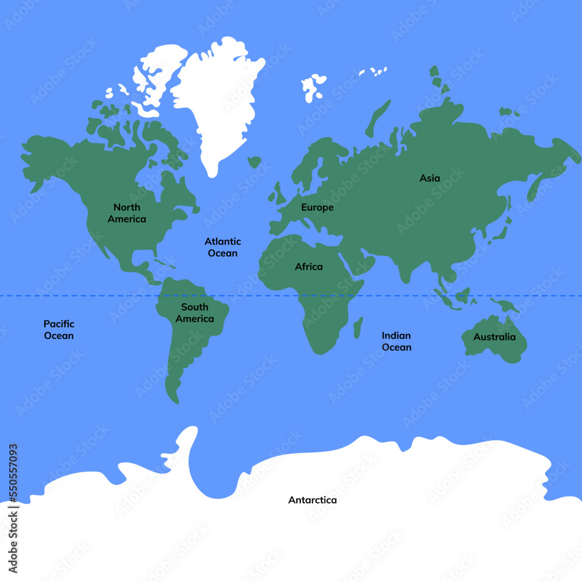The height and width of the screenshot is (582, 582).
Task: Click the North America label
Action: (x=127, y=213)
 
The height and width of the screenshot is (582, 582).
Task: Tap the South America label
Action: (x=194, y=313)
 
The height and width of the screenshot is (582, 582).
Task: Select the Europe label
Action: (x=317, y=207)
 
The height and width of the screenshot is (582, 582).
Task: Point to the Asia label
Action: (x=430, y=178)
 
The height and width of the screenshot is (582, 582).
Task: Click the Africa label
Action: (x=308, y=267)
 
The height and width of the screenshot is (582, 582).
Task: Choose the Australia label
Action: (x=494, y=337)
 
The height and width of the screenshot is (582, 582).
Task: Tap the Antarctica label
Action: (x=312, y=500)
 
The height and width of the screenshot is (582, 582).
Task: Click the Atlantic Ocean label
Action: (x=222, y=247)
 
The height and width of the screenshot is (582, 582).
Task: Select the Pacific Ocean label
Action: (x=59, y=329)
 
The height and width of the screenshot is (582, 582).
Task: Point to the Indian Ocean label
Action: (x=396, y=341)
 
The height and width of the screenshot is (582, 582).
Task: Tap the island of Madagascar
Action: (x=358, y=327)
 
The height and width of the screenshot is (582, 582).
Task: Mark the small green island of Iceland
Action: (x=254, y=161)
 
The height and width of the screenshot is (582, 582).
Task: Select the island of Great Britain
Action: (x=279, y=192)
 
